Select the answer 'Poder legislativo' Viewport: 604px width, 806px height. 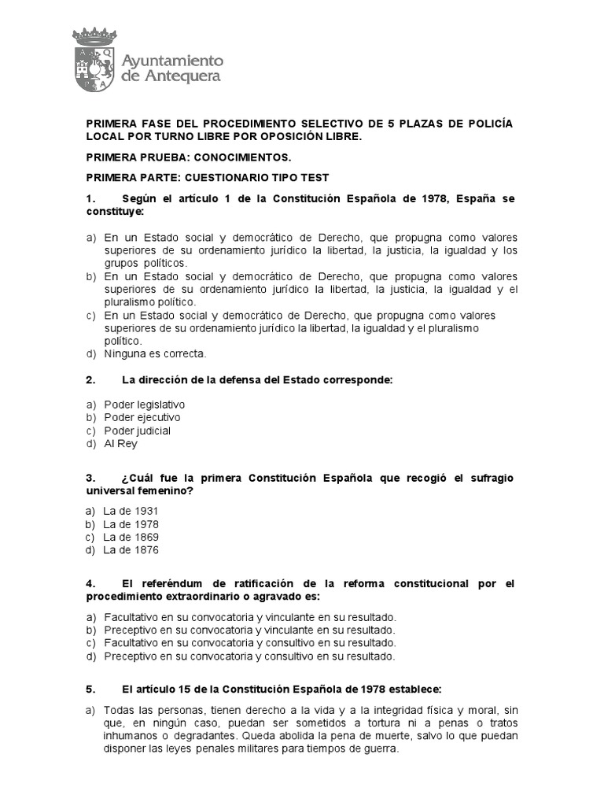pos(145,404)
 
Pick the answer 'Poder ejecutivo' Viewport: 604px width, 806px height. pos(142,417)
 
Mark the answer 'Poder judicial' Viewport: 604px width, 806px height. pos(138,431)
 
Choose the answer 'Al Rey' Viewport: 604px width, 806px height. pos(121,444)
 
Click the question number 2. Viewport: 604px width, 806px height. pos(90,380)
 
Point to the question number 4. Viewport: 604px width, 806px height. pos(90,583)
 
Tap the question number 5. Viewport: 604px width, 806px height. pos(90,688)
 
